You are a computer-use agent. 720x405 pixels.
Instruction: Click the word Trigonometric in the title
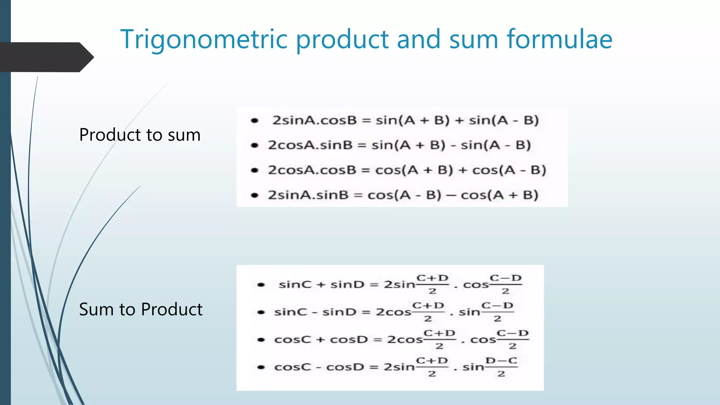tap(204, 39)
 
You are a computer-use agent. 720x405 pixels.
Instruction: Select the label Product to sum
tap(140, 135)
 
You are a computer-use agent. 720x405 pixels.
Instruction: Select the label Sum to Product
tap(141, 309)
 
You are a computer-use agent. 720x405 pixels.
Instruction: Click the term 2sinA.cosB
tap(315, 121)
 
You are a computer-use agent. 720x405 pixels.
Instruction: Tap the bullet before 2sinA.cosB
tap(255, 121)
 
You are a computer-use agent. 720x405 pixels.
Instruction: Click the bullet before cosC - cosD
tap(261, 367)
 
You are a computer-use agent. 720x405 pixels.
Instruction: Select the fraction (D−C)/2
tap(501, 367)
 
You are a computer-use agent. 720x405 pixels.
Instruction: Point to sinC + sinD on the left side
tap(321, 284)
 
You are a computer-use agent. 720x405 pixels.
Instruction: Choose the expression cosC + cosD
tap(321, 340)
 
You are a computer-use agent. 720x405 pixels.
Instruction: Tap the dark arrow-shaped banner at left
tap(46, 57)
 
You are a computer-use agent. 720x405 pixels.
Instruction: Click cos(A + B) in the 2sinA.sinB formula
tap(500, 195)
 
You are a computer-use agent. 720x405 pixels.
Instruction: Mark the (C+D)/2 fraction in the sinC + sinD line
tap(432, 284)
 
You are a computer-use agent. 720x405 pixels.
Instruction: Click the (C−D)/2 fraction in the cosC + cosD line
tap(513, 339)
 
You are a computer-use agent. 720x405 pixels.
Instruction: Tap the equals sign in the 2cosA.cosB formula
tap(366, 171)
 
